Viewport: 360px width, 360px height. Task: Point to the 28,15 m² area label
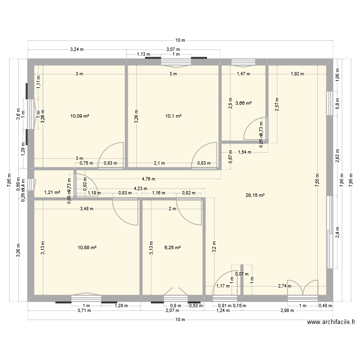pos(255,195)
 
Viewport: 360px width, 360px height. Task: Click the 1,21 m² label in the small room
pos(52,192)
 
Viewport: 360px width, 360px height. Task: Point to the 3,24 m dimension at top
pos(77,49)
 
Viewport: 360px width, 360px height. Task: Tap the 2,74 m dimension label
pos(285,286)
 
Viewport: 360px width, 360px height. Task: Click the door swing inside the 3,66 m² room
pos(254,129)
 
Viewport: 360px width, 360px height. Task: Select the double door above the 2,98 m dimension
pos(302,288)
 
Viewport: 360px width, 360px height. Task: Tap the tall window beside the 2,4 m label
pos(330,232)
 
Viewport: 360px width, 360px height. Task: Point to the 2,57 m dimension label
pos(277,103)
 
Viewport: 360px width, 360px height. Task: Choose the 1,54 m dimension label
pos(245,152)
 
